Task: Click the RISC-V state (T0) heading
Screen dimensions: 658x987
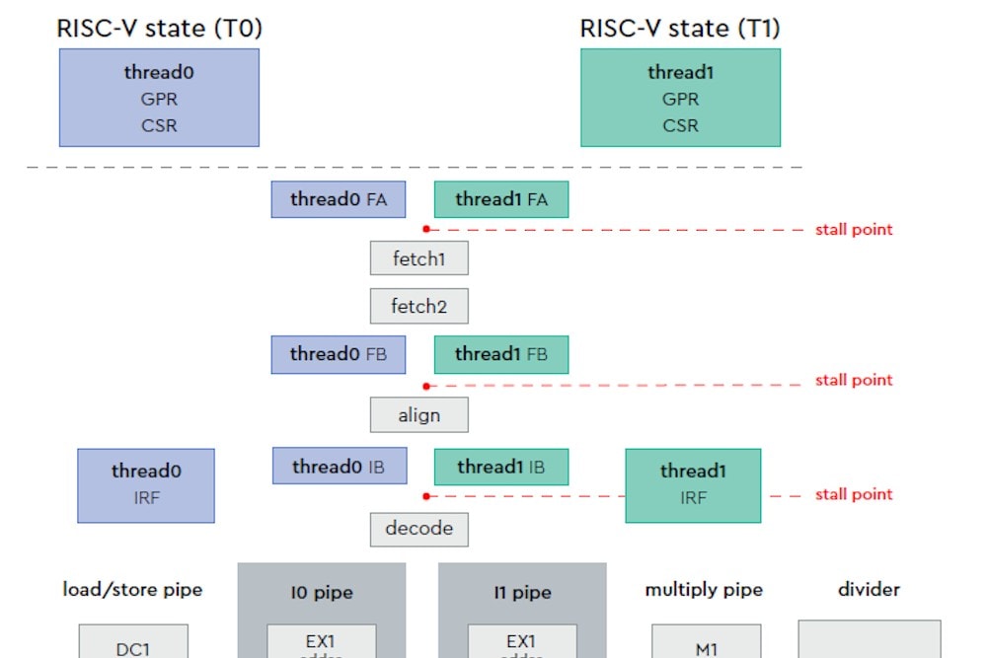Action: [159, 29]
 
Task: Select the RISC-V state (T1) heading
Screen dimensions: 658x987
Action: [679, 29]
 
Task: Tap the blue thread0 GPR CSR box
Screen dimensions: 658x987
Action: [159, 98]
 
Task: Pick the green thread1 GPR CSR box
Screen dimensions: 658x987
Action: [680, 98]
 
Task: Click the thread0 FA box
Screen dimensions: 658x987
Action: [338, 199]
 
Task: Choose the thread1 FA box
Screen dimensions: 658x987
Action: [501, 199]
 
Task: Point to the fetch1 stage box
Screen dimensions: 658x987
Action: [418, 258]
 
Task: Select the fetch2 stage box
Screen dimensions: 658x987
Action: [418, 307]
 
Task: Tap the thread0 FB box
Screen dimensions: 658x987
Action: [338, 354]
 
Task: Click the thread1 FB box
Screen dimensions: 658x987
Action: [501, 354]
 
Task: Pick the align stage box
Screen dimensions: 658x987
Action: [418, 415]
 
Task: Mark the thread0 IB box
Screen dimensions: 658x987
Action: [339, 467]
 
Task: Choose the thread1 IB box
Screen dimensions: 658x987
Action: [501, 467]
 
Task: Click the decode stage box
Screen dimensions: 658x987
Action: [418, 529]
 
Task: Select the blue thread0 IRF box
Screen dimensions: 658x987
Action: [146, 484]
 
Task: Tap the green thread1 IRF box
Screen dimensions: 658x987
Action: [693, 484]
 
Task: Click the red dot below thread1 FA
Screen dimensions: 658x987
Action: [425, 229]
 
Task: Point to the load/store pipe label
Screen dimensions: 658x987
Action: [132, 590]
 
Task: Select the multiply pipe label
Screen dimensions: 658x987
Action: [704, 590]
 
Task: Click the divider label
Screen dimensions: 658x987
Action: [869, 590]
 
